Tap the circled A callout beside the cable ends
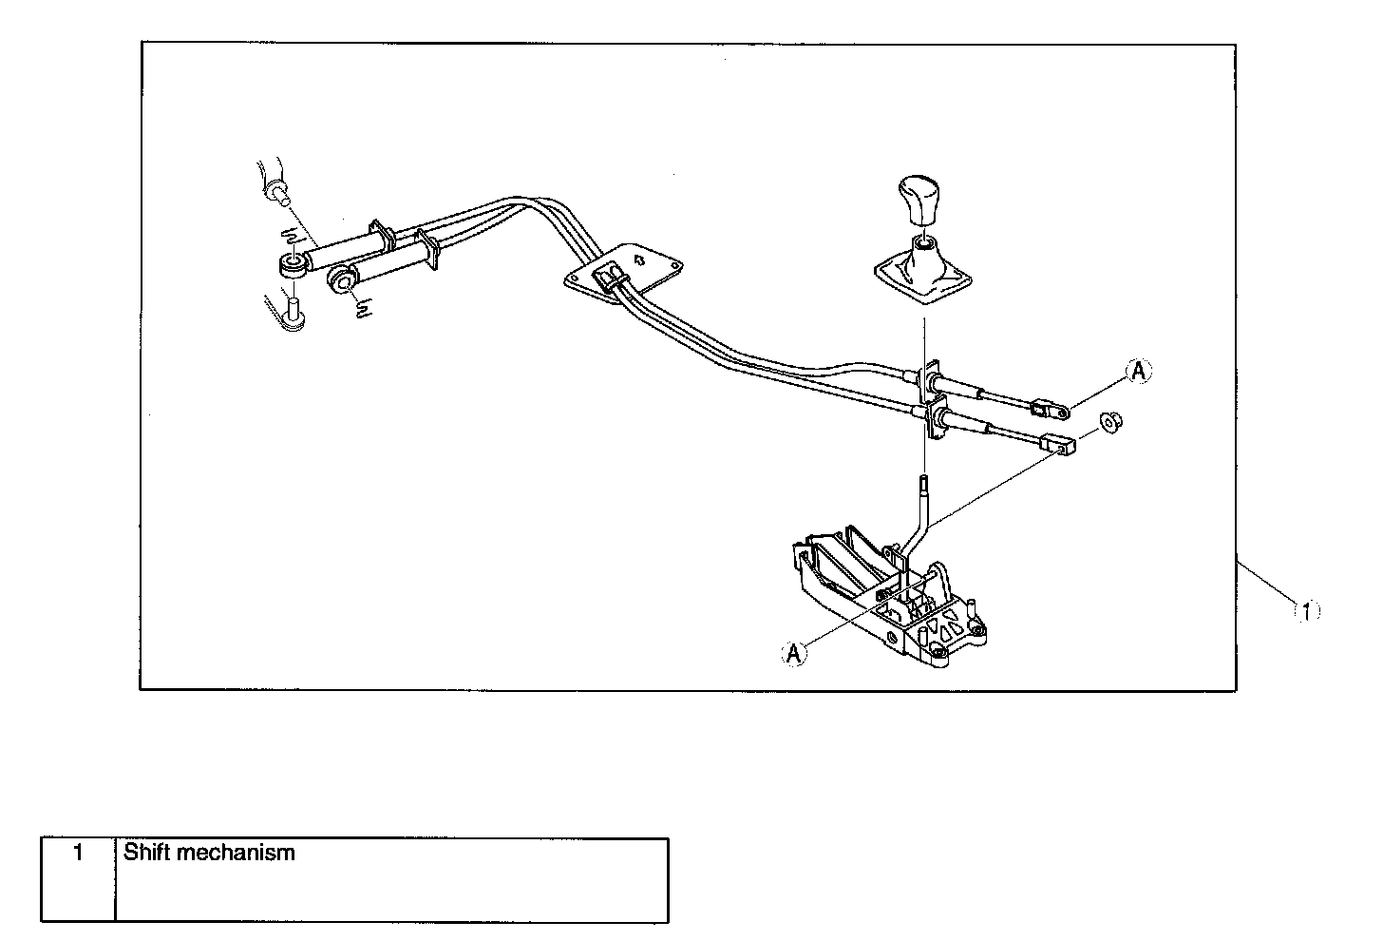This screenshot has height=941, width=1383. (x=1140, y=373)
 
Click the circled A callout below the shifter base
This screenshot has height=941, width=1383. (x=795, y=653)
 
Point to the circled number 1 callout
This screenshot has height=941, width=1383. (x=1307, y=611)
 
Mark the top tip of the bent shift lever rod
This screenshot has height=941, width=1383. (x=922, y=482)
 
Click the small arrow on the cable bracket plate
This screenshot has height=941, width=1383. (x=639, y=257)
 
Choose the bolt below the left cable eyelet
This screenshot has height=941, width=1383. (x=294, y=312)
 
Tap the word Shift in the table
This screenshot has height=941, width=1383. (x=146, y=853)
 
